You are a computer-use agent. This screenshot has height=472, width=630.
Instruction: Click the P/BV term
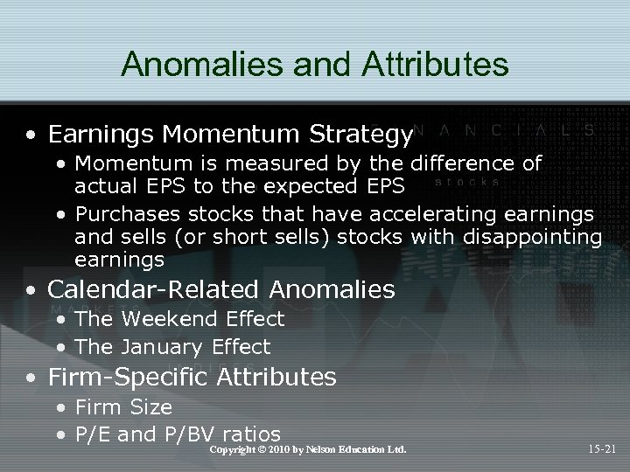(x=188, y=434)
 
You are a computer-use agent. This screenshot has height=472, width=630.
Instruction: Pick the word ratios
(x=252, y=434)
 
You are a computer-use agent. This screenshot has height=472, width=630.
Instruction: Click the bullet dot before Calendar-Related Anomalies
(x=32, y=289)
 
